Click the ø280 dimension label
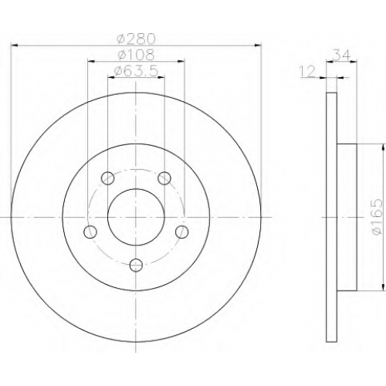coord(136,39)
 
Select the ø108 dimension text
coord(136,55)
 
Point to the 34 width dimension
coord(341,55)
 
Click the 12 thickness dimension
coord(307,71)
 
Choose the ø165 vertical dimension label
coord(378,217)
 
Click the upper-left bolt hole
coord(108,178)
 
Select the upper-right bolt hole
coord(164,178)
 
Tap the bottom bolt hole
coord(136,265)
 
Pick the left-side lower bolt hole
coord(90,232)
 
